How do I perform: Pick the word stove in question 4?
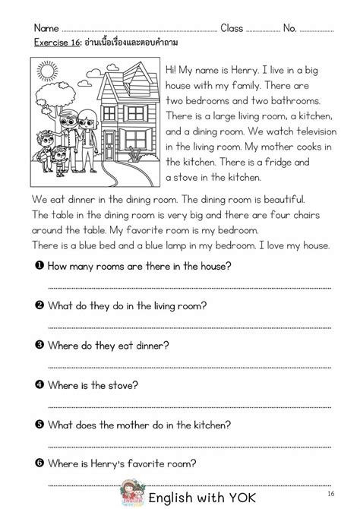[x=123, y=385]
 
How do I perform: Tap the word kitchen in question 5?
[x=199, y=425]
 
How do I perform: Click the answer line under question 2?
[x=190, y=327]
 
